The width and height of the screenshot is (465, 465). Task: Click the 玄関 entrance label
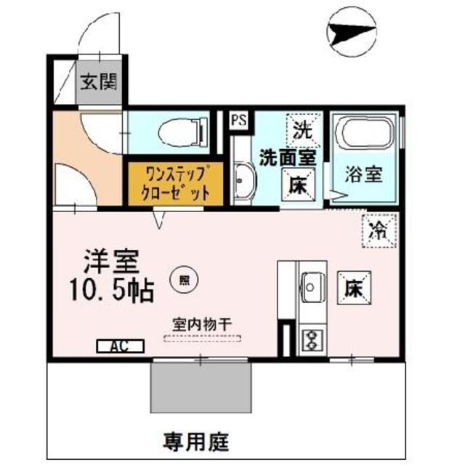(98, 81)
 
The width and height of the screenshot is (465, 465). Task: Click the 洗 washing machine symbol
(302, 130)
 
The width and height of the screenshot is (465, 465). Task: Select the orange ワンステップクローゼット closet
(169, 183)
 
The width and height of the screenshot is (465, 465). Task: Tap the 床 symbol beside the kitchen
(354, 288)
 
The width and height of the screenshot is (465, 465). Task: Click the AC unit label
(116, 347)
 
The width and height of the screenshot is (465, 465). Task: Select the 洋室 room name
(110, 260)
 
